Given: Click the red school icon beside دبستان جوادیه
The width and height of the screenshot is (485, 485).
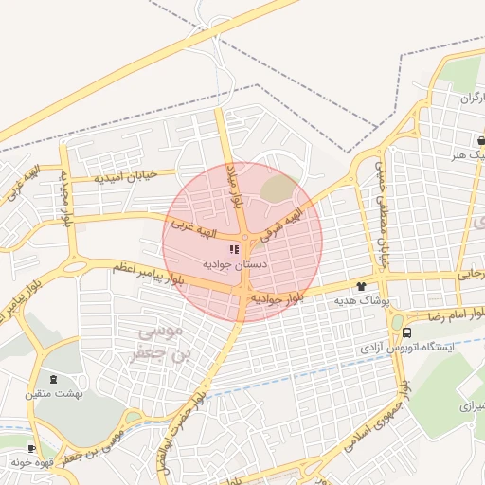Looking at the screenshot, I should (x=234, y=250).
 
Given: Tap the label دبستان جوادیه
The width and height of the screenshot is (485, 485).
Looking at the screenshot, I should (x=234, y=266).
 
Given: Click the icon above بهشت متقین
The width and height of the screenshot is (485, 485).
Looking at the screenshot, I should (x=50, y=378).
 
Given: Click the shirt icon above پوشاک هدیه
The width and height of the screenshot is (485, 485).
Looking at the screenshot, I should (x=360, y=285).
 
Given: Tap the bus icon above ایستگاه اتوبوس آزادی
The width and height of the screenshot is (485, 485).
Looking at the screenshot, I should (x=406, y=332).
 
